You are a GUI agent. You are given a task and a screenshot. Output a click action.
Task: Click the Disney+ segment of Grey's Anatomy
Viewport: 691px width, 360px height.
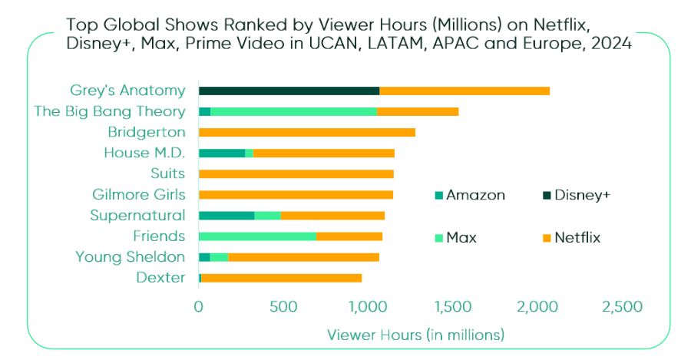click(x=289, y=91)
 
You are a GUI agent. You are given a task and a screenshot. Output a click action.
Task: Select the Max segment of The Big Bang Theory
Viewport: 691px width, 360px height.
click(x=293, y=111)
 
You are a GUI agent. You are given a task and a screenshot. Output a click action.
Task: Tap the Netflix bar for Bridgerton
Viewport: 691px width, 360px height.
click(x=306, y=132)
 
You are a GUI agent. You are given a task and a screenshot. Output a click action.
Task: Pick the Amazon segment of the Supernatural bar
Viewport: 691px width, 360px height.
click(x=226, y=215)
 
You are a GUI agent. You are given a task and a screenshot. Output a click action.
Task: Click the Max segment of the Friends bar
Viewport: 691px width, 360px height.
click(x=257, y=236)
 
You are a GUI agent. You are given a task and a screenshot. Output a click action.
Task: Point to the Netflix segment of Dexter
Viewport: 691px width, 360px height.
click(x=281, y=277)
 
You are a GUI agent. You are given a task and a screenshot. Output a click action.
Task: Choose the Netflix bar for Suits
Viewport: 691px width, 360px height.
click(x=296, y=173)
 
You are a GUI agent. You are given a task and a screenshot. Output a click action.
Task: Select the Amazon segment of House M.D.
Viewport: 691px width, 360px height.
click(x=221, y=153)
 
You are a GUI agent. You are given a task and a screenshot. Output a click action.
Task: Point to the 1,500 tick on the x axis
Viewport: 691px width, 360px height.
click(x=451, y=307)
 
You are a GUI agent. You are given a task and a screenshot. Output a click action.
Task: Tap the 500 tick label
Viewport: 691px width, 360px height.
click(x=283, y=307)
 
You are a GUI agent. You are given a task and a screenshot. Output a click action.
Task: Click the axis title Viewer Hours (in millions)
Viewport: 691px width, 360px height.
click(x=415, y=335)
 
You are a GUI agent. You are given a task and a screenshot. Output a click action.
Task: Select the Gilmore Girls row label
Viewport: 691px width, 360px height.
click(x=138, y=194)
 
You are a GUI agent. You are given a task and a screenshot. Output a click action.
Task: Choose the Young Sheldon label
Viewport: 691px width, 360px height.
click(x=130, y=256)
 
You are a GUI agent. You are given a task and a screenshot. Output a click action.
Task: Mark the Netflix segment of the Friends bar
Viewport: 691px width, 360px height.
click(x=349, y=236)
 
